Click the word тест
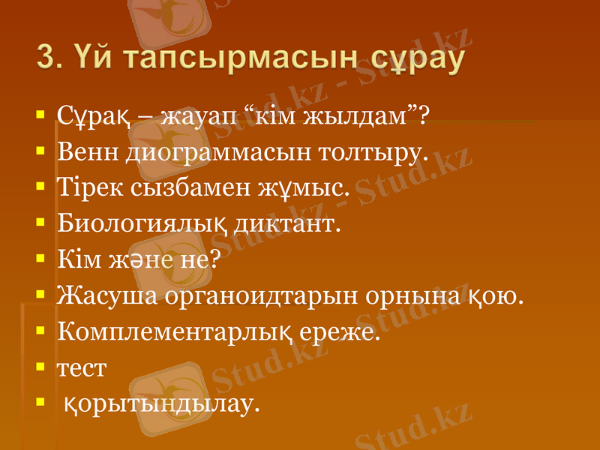click(x=82, y=368)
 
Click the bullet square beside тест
click(x=39, y=367)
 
